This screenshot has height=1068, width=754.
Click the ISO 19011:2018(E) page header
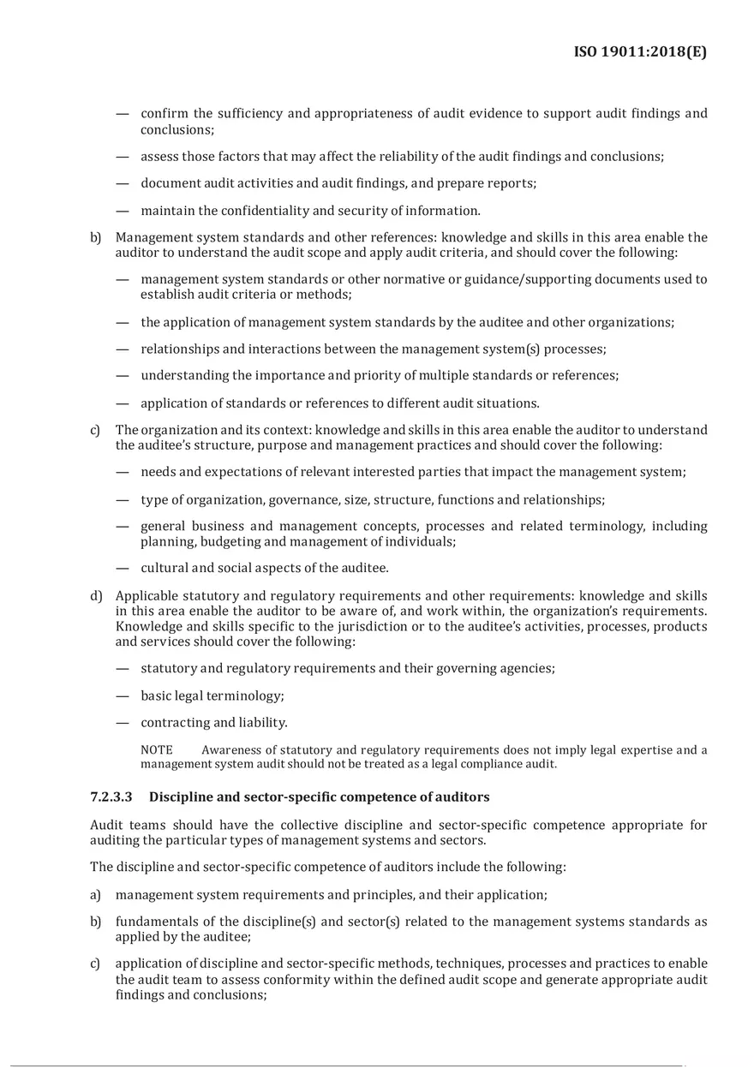point(640,52)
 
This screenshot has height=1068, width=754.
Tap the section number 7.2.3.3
point(111,797)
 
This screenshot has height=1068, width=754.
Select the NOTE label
point(156,750)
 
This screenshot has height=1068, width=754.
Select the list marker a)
point(96,895)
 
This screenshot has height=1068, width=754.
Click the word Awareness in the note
point(232,750)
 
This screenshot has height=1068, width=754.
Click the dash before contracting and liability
point(123,722)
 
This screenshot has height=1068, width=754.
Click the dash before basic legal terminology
point(123,695)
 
